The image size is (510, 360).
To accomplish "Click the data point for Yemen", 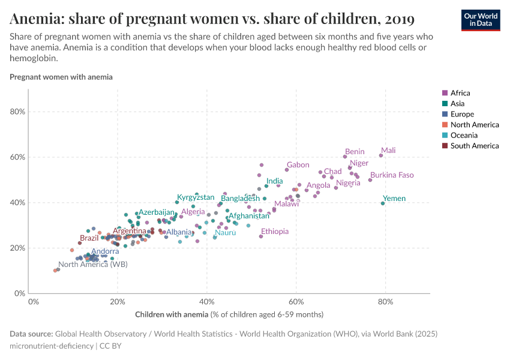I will [x=383, y=203].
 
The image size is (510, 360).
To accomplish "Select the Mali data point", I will [x=381, y=155].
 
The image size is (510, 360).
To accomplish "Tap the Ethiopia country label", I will [x=274, y=232].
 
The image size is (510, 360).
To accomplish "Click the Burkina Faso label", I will [x=392, y=175].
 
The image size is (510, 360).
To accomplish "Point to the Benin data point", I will [x=345, y=157].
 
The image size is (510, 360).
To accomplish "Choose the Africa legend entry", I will [x=460, y=93].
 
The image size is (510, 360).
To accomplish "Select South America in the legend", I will [x=474, y=146].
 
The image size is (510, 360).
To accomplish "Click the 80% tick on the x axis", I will [x=385, y=301].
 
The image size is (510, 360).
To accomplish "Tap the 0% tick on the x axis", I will [x=34, y=301].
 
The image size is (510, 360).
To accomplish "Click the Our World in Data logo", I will [x=480, y=19].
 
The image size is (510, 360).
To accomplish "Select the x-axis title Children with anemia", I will [x=229, y=314].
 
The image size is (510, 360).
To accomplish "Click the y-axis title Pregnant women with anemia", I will [x=61, y=77].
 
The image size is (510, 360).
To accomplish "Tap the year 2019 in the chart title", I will [x=397, y=19].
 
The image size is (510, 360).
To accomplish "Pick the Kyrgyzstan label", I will [x=195, y=197].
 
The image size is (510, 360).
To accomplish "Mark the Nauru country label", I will [x=226, y=232].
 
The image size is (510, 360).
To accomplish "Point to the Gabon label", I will [x=298, y=165].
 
